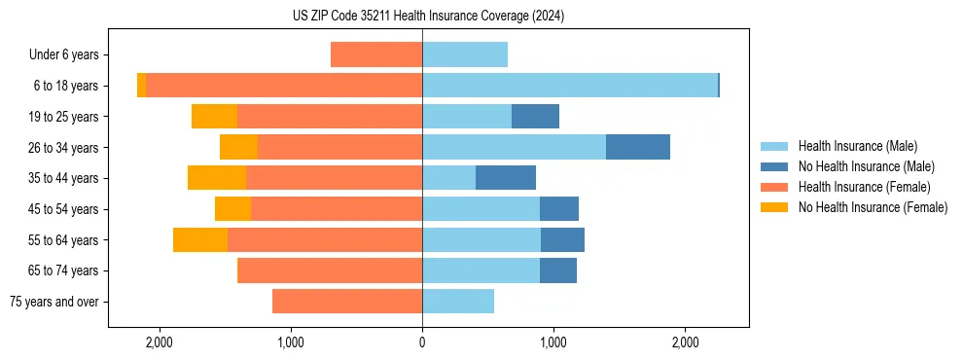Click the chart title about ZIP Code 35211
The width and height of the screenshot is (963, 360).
[x=428, y=17]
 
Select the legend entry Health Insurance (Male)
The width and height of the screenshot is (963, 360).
[x=856, y=146]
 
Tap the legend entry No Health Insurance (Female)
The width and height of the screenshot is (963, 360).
[x=873, y=207]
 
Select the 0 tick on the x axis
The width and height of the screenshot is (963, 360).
[x=422, y=342]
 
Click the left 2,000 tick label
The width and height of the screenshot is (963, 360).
[x=159, y=342]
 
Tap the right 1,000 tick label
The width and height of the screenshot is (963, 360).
[x=553, y=342]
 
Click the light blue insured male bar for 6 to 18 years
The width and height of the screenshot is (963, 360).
[x=569, y=86]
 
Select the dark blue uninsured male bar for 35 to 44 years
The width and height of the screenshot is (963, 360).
[x=506, y=178]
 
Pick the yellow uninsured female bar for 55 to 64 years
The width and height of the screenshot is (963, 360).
[x=200, y=239]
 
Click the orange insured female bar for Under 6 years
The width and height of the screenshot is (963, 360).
[x=376, y=54]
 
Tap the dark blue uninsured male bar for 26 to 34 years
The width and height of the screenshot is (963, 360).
[x=638, y=147]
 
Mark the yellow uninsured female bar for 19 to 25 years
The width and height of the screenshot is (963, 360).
[x=215, y=117]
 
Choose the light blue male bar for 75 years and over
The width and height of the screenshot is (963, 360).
[x=458, y=302]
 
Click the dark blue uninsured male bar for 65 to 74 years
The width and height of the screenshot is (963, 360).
[x=558, y=270]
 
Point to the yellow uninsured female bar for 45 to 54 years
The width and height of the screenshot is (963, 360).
[x=233, y=209]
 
